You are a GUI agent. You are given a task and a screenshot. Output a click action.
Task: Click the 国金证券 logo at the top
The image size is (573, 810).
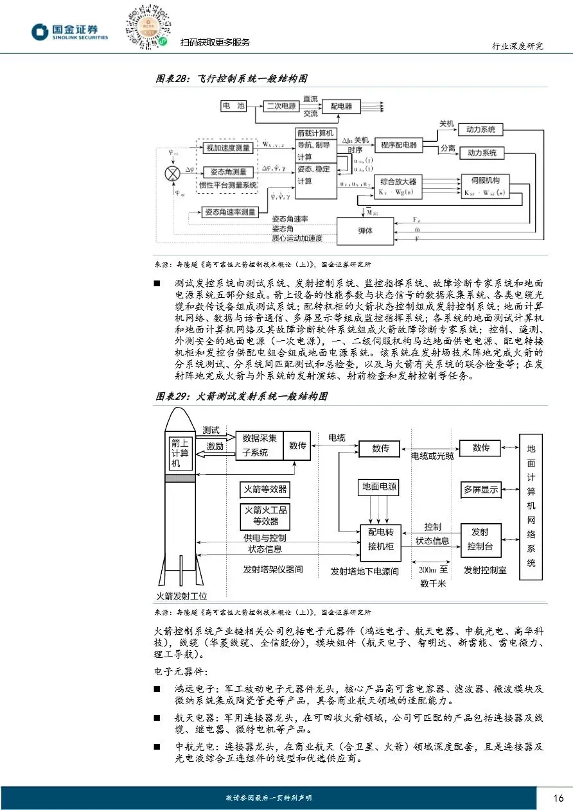70,32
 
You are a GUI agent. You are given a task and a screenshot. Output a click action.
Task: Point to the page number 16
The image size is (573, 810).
558,798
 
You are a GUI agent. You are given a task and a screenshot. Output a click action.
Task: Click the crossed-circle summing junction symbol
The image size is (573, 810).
172,173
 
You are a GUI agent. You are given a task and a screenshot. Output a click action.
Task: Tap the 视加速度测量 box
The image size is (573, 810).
228,148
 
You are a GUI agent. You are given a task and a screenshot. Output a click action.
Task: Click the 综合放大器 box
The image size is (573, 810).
398,186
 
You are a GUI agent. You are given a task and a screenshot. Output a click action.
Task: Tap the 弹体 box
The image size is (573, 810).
364,230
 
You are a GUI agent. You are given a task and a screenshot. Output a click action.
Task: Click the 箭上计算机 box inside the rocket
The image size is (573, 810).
180,453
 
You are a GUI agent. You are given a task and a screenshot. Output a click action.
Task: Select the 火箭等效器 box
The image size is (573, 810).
265,490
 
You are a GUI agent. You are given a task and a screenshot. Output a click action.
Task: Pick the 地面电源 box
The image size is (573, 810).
379,487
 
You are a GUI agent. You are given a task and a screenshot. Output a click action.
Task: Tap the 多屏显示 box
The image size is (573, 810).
481,490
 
